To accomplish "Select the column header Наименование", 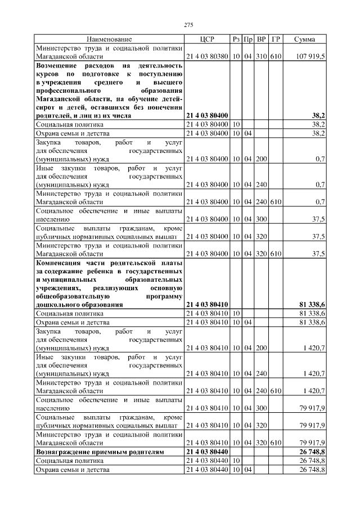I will (109, 39).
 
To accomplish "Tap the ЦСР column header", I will (207, 39).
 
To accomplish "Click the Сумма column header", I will (304, 39).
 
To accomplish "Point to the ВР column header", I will (262, 39).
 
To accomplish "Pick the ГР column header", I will (276, 39).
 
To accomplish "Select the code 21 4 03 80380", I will (206, 57).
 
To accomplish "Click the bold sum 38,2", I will (319, 115).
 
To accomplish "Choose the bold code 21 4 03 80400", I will (206, 115).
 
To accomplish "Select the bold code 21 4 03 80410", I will (206, 304).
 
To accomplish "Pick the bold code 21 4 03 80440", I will (206, 452).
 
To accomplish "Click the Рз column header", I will (236, 39).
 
